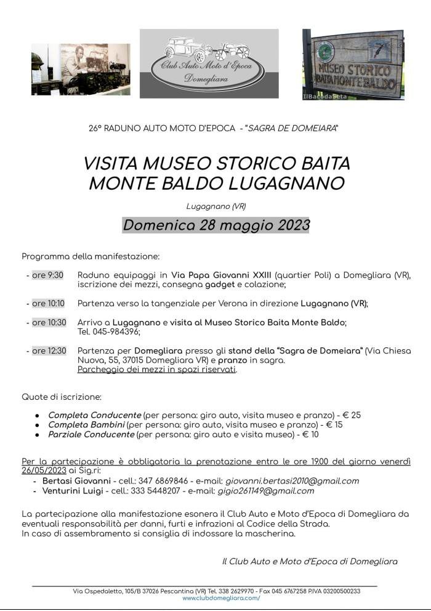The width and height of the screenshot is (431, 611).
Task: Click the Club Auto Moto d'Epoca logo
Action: coord(209,63)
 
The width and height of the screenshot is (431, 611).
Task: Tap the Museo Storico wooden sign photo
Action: coord(353,64)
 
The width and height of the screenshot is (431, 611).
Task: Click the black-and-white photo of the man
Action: coord(81,68)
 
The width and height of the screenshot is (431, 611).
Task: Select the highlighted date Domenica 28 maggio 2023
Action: coord(216,225)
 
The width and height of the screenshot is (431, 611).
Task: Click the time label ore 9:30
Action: coord(47,275)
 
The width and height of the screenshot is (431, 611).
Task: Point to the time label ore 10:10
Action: coord(48,303)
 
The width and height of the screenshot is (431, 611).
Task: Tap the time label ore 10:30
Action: coord(48,322)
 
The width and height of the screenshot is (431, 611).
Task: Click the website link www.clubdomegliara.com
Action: coord(221,598)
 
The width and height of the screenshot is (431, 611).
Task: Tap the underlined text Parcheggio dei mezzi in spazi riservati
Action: coord(157,370)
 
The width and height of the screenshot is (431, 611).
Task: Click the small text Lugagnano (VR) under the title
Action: coord(216,206)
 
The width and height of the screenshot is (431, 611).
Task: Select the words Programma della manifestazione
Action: coord(91,256)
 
